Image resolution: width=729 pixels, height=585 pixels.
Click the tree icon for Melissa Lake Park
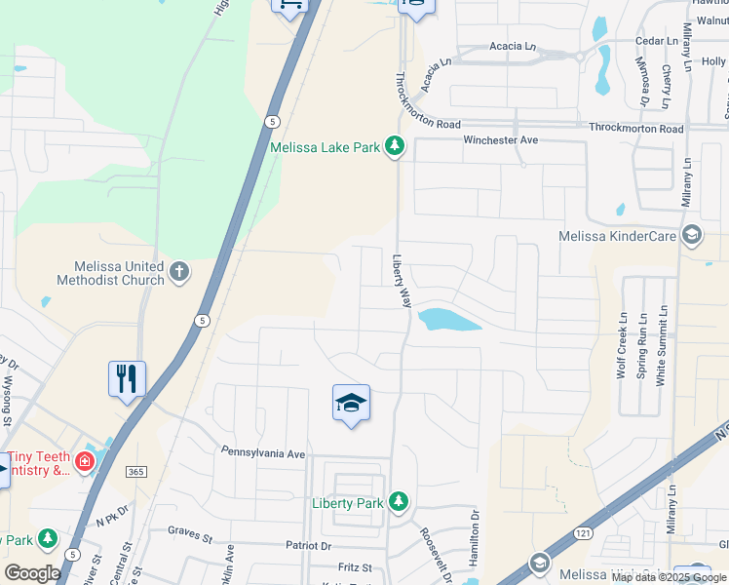pyautogui.click(x=394, y=146)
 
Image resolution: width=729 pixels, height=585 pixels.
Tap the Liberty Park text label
pyautogui.click(x=347, y=503)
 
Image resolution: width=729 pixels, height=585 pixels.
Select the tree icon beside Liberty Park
pyautogui.click(x=398, y=501)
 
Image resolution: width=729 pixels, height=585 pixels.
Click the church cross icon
pyautogui.click(x=179, y=271)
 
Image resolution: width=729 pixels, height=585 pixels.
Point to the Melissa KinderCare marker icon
pyautogui.click(x=692, y=235)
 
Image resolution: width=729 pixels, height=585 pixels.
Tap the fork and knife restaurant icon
pyautogui.click(x=127, y=378)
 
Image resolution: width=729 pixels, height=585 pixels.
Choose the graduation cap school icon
pyautogui.click(x=351, y=404)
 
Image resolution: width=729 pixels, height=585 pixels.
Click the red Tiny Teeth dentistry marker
pyautogui.click(x=85, y=460)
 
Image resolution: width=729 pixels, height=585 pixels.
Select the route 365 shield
pyautogui.click(x=135, y=472)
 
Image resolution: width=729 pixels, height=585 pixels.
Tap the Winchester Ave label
pyautogui.click(x=501, y=140)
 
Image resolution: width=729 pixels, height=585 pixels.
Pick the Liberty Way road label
pyautogui.click(x=401, y=282)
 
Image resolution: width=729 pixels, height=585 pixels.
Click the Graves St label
pyautogui.click(x=190, y=534)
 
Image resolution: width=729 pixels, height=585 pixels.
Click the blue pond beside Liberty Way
pyautogui.click(x=449, y=319)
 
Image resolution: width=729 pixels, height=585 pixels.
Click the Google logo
pyautogui.click(x=32, y=573)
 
